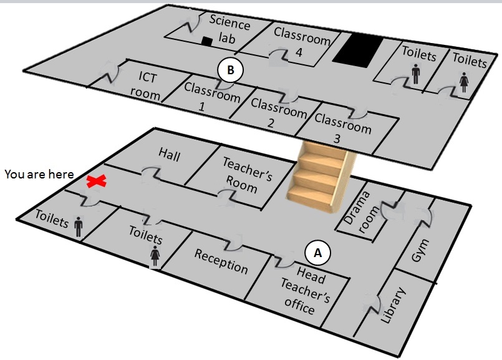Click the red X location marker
coord(97,182)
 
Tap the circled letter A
coord(317,253)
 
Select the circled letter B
coord(230,70)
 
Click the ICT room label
coord(146,86)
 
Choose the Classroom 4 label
coord(302,42)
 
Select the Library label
coord(393,306)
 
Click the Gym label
coord(420,250)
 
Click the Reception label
coord(221,261)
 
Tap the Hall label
coord(170,154)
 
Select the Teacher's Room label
coord(246,175)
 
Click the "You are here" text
coord(39,174)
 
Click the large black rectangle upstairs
coord(358,51)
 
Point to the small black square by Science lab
coord(207,41)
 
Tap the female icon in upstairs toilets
coord(464,82)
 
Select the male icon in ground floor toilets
coord(79,226)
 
